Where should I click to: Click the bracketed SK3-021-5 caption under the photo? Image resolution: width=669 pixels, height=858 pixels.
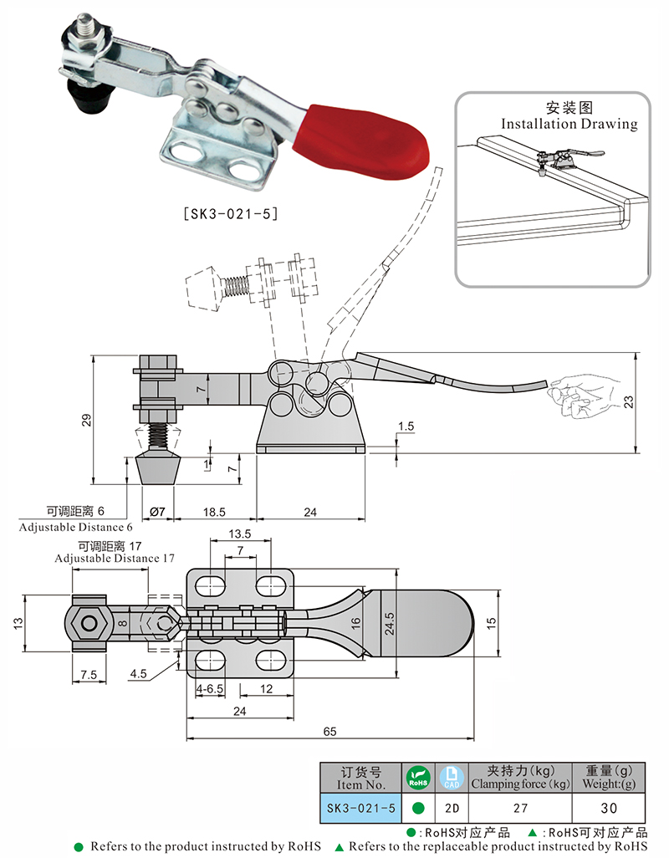[231, 213]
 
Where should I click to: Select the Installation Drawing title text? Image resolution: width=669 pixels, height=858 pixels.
[569, 124]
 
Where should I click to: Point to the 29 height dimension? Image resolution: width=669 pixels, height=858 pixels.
[86, 421]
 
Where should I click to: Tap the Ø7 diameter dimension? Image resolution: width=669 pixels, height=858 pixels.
[157, 512]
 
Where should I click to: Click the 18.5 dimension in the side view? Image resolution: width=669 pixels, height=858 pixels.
[214, 512]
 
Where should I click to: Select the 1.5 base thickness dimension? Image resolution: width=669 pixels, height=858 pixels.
[406, 426]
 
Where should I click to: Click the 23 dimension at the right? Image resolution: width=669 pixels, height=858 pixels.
[629, 402]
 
